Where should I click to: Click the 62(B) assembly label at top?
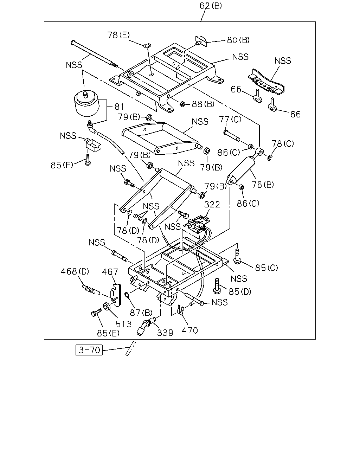pyautogui.click(x=211, y=6)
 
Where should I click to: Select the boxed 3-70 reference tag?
pyautogui.click(x=89, y=350)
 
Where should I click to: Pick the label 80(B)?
pyautogui.click(x=238, y=40)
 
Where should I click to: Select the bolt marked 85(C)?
pyautogui.click(x=237, y=256)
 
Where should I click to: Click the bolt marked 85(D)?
pyautogui.click(x=217, y=286)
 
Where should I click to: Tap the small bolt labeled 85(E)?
pyautogui.click(x=96, y=313)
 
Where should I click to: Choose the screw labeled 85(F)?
pyautogui.click(x=88, y=160)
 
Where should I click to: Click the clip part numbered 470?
pyautogui.click(x=180, y=309)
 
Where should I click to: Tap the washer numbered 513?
pyautogui.click(x=107, y=307)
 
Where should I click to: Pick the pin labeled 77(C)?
pyautogui.click(x=232, y=135)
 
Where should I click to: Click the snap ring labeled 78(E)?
pyautogui.click(x=147, y=46)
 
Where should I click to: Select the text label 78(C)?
pyautogui.click(x=283, y=144)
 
